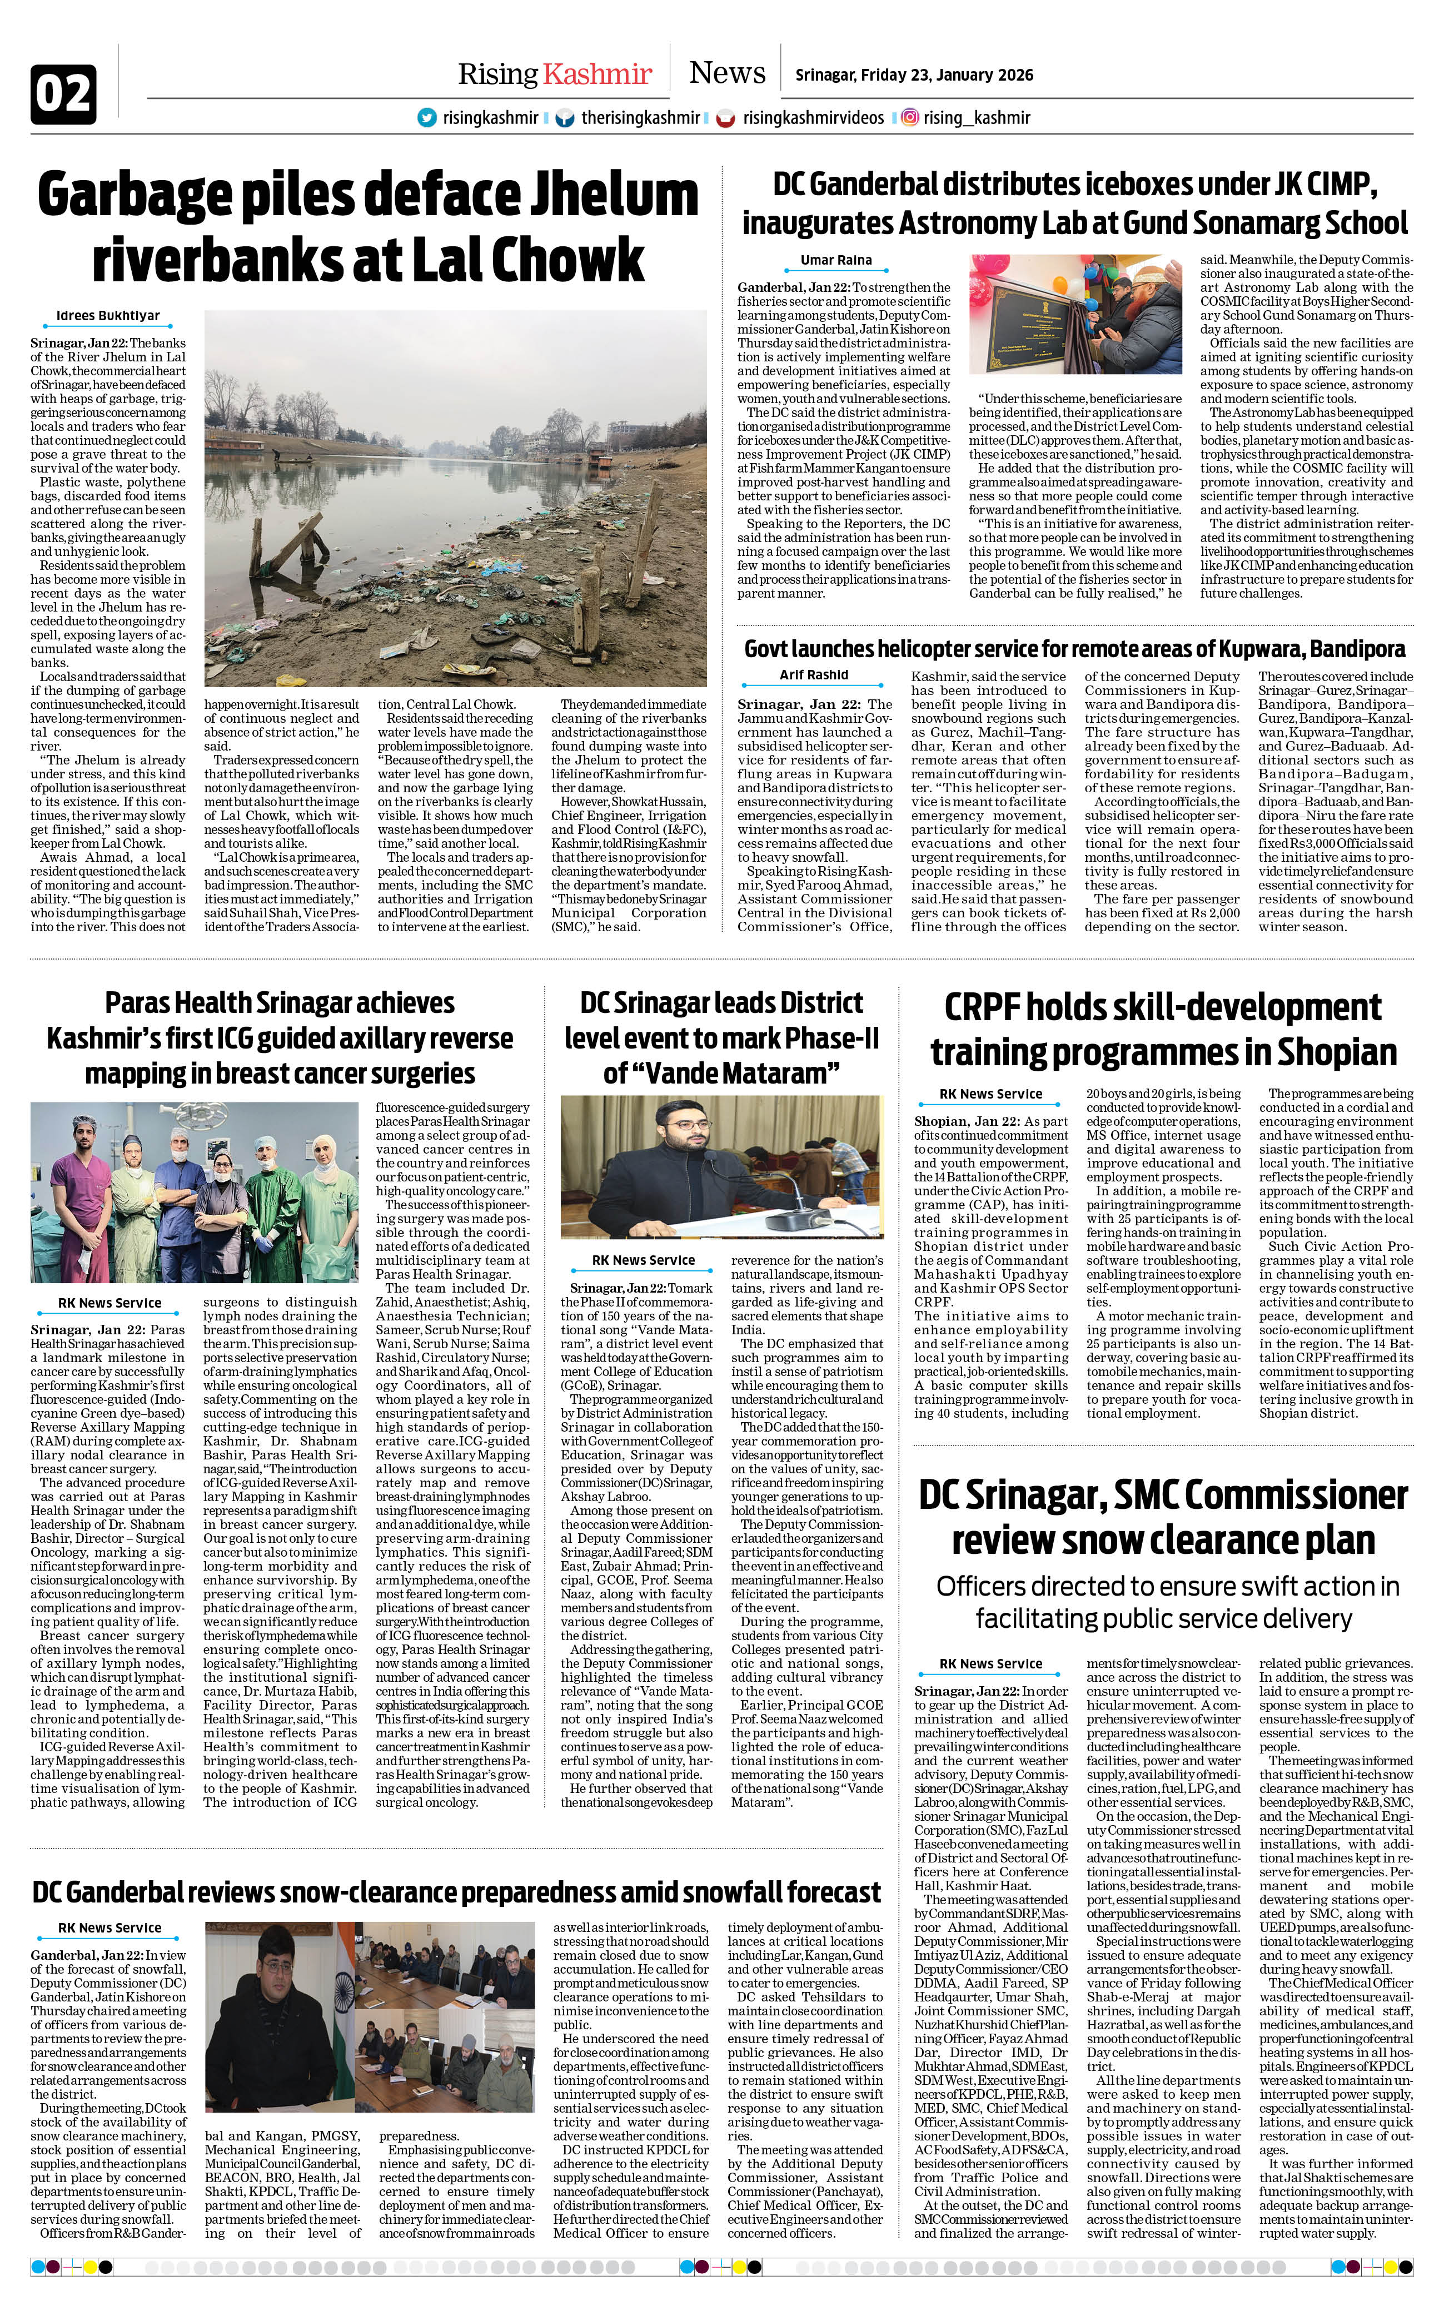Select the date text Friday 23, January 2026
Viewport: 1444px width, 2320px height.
pos(945,76)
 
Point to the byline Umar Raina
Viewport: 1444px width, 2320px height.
pos(835,260)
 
